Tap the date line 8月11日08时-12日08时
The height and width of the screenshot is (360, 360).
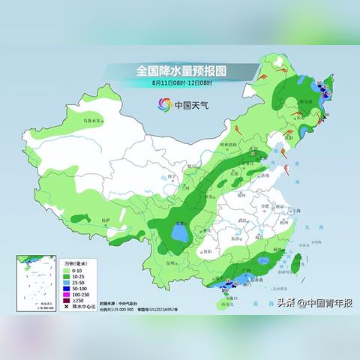tap(183, 82)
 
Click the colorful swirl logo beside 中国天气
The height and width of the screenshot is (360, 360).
tap(163, 103)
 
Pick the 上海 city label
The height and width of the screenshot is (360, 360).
tap(295, 211)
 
